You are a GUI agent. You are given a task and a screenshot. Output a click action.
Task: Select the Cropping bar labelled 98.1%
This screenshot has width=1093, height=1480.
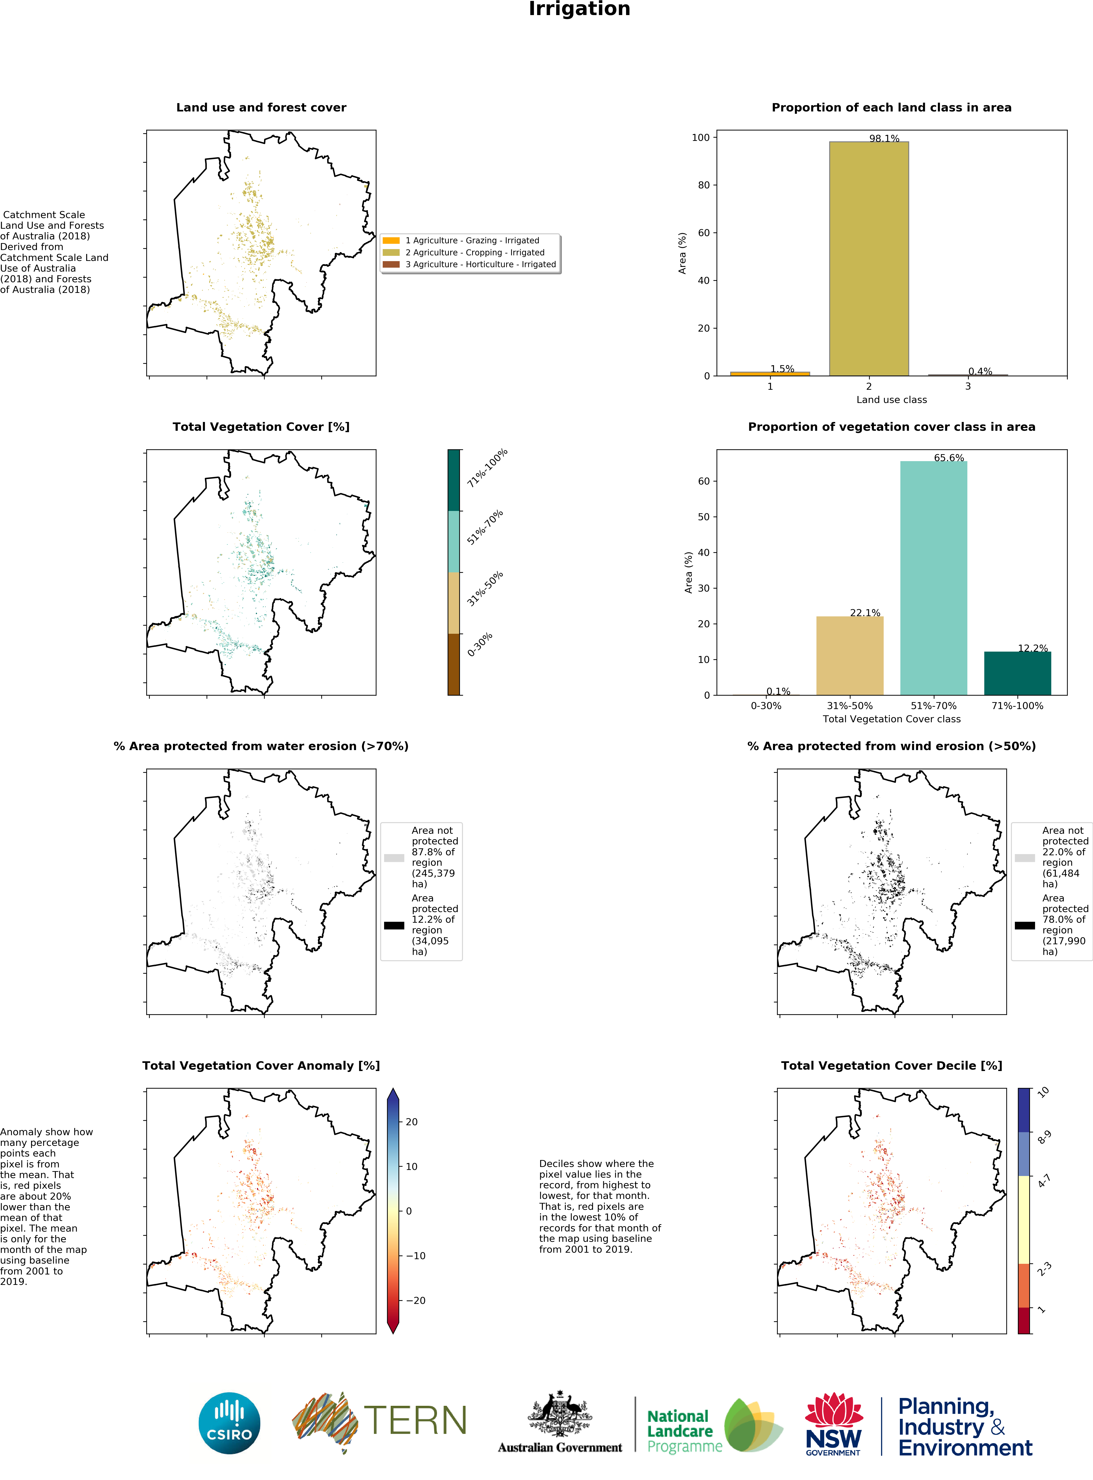869,259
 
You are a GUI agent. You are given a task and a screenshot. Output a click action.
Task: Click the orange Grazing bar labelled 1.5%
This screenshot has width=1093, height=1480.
770,374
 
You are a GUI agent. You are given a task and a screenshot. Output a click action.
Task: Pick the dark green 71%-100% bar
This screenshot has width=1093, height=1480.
1018,673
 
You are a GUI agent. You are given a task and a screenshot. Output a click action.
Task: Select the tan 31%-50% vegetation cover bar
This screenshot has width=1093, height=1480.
850,655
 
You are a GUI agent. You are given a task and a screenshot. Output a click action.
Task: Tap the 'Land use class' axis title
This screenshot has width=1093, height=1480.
891,399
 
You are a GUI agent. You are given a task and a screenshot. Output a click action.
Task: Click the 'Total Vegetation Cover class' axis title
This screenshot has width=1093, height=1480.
891,719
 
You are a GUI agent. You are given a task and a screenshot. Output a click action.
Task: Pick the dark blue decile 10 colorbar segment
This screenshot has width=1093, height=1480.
1024,1110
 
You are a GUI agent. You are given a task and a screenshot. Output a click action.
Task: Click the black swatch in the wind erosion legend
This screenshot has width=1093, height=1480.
1025,925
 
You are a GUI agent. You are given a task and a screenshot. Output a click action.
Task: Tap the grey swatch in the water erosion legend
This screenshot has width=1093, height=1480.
394,858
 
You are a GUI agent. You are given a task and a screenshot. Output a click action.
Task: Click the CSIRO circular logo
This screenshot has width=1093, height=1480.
229,1423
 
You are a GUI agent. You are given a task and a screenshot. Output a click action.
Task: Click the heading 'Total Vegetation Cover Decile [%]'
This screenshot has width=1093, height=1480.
891,1065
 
